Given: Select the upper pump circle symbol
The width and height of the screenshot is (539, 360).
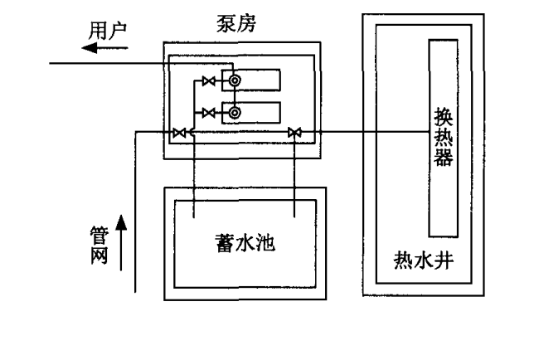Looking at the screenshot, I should point(235,80).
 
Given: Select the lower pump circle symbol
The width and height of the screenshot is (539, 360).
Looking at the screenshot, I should point(235,112).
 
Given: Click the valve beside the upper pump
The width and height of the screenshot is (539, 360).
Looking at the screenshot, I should point(210,80).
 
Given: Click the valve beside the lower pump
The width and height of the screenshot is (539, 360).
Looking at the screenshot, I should point(210,112).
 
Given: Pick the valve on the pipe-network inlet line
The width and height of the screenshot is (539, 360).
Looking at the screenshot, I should point(178,132).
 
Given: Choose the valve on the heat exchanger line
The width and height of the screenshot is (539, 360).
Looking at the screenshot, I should point(294,132).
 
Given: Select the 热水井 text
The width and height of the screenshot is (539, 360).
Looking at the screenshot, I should point(424,265).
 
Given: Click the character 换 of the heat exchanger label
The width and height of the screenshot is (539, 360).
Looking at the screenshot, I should point(444,117).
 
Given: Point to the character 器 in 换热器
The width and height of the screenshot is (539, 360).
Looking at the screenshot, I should point(444,157).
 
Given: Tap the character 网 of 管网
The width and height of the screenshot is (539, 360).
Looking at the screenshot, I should point(100,255).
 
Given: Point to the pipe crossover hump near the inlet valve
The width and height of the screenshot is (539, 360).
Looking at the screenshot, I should point(192,132).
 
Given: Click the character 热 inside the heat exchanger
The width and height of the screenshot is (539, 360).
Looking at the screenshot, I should point(444,137).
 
